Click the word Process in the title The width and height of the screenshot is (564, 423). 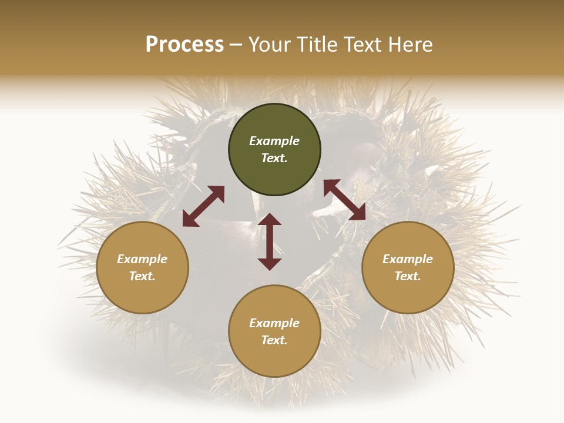(184, 45)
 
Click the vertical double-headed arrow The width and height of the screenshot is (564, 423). (270, 241)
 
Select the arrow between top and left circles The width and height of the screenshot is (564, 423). (203, 206)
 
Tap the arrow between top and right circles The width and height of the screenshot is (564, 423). (344, 200)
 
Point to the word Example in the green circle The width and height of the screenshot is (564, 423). (274, 141)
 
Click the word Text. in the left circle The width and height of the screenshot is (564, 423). (142, 276)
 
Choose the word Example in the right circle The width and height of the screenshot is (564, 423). (408, 259)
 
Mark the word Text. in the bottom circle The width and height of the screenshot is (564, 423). (274, 340)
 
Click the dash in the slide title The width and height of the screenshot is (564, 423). (236, 45)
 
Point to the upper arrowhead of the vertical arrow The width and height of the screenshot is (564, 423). (270, 220)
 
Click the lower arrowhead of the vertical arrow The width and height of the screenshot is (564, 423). (270, 264)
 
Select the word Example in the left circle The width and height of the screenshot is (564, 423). (142, 259)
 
